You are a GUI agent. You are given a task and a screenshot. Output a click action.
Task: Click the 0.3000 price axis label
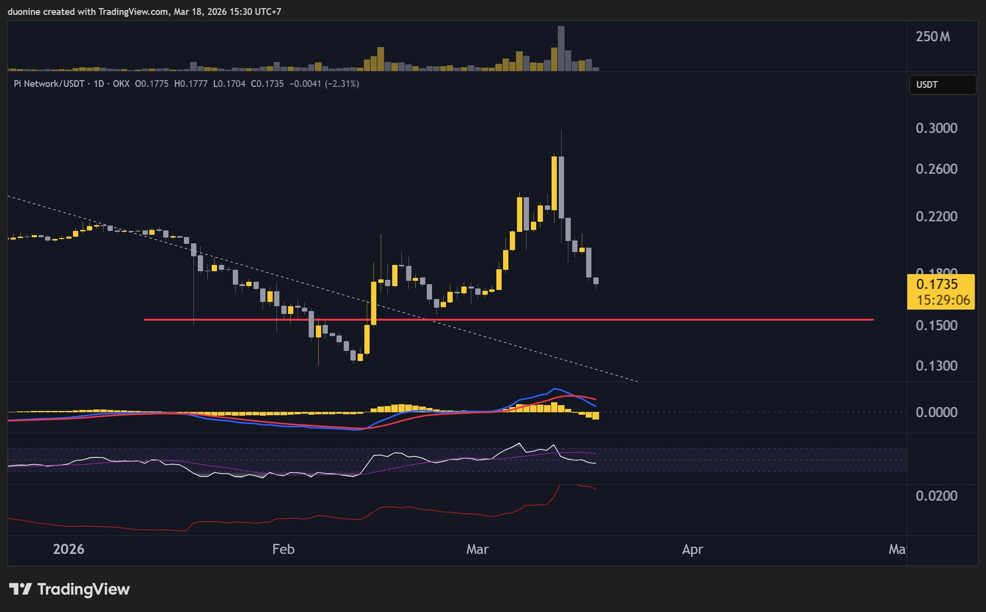(936, 128)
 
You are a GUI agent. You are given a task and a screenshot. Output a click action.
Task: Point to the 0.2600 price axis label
(936, 169)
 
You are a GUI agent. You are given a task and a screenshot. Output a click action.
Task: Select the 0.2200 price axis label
(936, 216)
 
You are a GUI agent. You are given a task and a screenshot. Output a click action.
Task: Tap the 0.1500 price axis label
(936, 325)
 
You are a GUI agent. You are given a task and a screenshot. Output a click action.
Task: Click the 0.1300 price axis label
(936, 366)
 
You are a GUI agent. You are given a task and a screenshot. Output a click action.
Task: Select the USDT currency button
(942, 85)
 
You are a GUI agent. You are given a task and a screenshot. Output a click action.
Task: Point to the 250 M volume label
(932, 37)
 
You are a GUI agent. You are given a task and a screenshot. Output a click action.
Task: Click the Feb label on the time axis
(283, 549)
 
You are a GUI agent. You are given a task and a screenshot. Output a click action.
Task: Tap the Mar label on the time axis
(477, 549)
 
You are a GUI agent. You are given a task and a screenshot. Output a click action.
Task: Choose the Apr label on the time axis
(692, 549)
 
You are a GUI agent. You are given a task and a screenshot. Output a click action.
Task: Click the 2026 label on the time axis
(69, 549)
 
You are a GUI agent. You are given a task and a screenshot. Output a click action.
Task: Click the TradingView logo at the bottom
(70, 589)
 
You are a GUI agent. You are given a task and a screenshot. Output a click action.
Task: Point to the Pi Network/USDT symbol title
(49, 84)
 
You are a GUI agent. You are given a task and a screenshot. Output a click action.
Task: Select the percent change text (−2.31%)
(342, 84)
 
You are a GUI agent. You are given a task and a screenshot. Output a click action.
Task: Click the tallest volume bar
(561, 48)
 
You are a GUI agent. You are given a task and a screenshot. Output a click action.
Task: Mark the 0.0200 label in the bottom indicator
(936, 496)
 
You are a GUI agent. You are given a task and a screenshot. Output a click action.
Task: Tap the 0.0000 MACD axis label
(936, 412)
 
